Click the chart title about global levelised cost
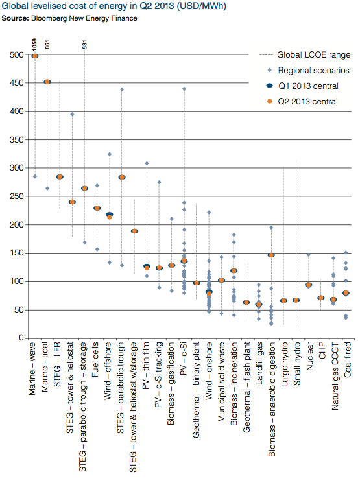pos(91,7)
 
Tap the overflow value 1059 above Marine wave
pos(35,44)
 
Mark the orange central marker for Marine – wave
pos(35,56)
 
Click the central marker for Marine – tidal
pos(47,82)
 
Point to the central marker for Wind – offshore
pos(110,216)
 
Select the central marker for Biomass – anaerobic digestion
pos(271,255)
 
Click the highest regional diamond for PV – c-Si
pos(184,89)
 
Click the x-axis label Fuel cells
pos(97,370)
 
